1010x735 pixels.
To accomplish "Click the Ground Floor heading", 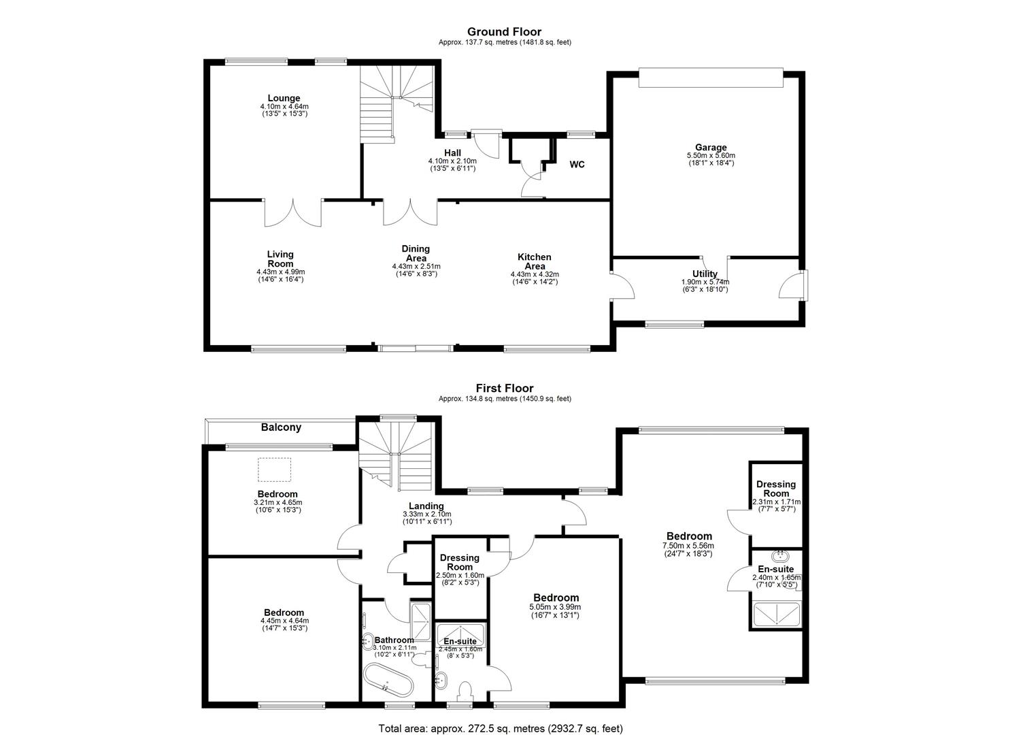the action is click(x=504, y=31).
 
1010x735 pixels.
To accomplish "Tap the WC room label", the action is click(x=577, y=165).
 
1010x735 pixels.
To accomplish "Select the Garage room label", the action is click(x=711, y=147).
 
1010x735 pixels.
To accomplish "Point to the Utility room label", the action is click(x=705, y=274).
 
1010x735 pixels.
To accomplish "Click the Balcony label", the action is click(x=281, y=427).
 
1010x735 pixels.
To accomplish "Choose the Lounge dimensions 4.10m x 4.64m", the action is click(x=284, y=106).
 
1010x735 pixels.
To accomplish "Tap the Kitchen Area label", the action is click(x=535, y=262).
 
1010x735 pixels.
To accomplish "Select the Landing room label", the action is click(x=426, y=506).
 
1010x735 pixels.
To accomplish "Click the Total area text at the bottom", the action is click(x=501, y=716).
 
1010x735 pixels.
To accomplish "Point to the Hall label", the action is click(x=452, y=153).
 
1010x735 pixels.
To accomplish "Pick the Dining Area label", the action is click(x=416, y=254).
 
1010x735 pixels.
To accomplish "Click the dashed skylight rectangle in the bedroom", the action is click(x=274, y=470).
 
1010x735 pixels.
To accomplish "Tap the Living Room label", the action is click(x=280, y=259).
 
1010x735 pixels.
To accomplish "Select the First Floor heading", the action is click(x=505, y=388).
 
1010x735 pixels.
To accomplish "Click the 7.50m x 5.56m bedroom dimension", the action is click(x=688, y=546).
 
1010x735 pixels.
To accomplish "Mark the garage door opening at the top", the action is click(x=711, y=78).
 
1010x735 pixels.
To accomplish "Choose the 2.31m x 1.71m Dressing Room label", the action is click(x=776, y=489).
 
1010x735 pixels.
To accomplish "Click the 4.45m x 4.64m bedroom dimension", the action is click(x=284, y=621).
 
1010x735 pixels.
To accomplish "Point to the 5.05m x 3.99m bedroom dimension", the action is click(x=555, y=607).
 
